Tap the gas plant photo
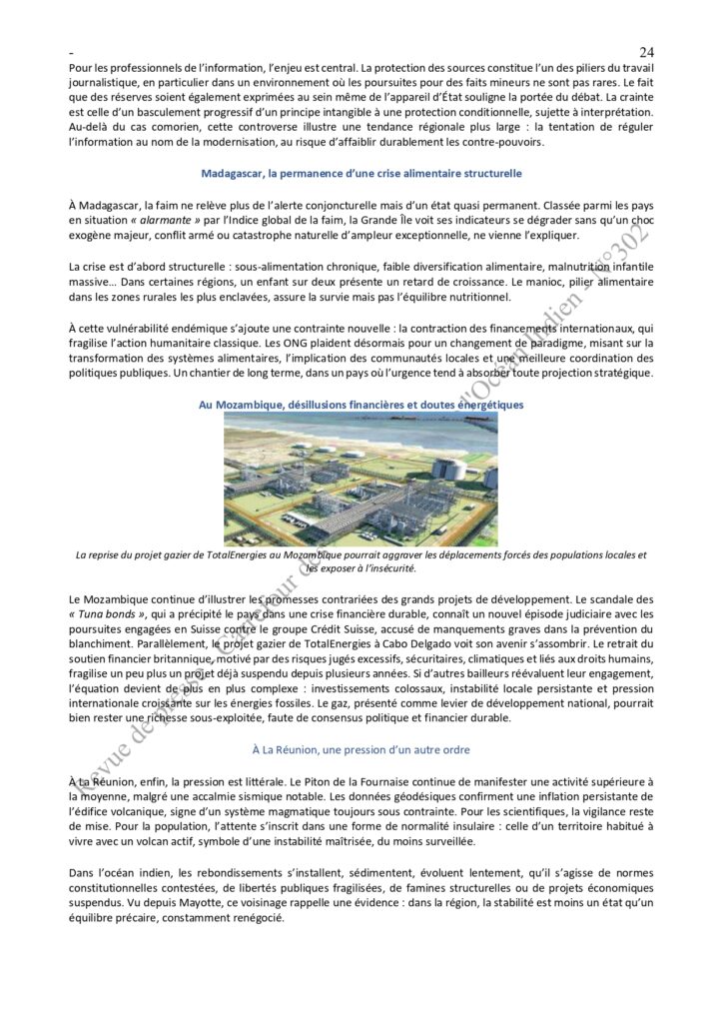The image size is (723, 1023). point(361,481)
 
